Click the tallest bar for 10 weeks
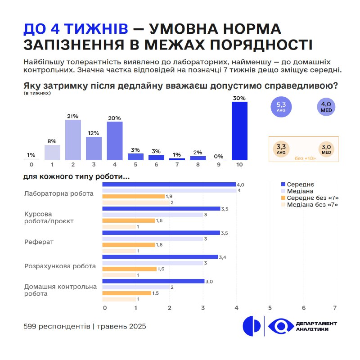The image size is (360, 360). pos(239,131)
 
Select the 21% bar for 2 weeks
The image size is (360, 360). pos(73,140)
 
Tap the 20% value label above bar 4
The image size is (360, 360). pos(114,118)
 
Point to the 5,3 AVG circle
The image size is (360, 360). pos(281,107)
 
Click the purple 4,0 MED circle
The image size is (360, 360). pos(326,107)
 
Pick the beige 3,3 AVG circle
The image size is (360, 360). pos(281,149)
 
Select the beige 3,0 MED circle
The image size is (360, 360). pos(326,149)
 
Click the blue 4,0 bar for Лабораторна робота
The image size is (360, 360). pos(169,184)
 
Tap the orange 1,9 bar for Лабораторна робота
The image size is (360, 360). pos(133,196)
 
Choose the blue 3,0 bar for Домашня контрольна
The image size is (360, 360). pos(153,281)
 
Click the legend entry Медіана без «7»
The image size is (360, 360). pos(310,205)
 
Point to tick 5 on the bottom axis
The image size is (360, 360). pos(270,308)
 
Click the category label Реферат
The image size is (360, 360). pos(39,242)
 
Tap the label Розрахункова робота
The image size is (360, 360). pos(60,266)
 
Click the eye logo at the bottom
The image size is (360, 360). pos(281,326)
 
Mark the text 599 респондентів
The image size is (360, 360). pos(57,326)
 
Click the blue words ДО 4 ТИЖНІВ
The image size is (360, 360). pos(76,29)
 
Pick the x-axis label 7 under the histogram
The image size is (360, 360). pos(177,165)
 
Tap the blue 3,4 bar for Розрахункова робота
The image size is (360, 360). pos(160,257)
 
